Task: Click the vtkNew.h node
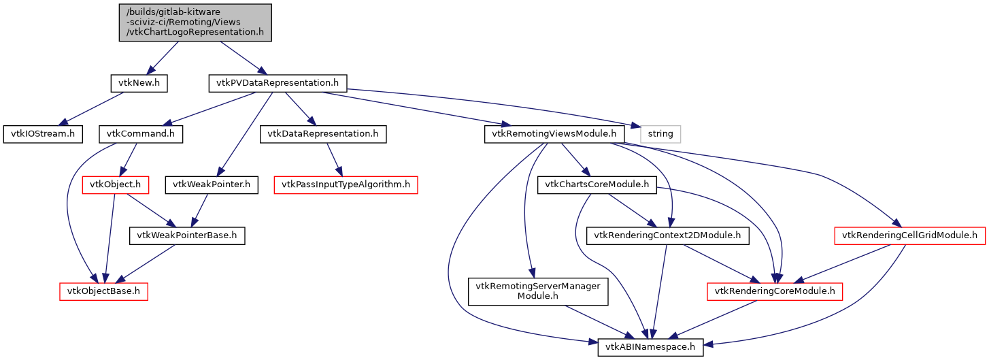tap(139, 83)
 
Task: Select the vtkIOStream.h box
tap(42, 133)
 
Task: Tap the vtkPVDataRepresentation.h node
tap(277, 83)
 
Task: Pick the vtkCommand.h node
tap(141, 133)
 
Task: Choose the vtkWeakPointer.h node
tap(212, 184)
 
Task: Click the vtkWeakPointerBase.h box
tap(187, 235)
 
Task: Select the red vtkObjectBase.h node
tap(104, 291)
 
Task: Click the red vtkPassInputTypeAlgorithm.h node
tap(346, 184)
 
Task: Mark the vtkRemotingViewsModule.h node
tap(554, 133)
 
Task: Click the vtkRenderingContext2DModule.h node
tap(668, 235)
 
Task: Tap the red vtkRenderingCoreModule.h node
tap(775, 291)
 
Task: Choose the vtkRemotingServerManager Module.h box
tap(537, 291)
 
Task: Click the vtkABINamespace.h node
tap(650, 347)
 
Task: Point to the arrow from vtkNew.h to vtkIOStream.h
tap(96, 108)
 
